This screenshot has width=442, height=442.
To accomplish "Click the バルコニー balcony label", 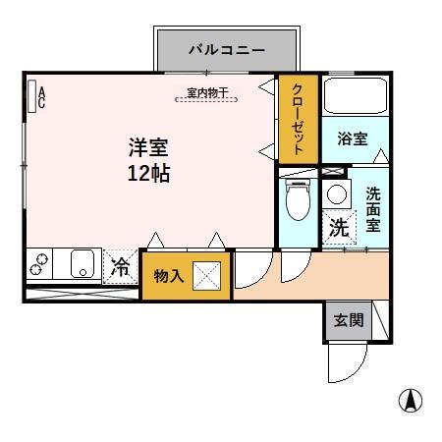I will click(x=227, y=49).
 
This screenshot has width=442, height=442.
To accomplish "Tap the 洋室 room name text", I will click(x=148, y=149).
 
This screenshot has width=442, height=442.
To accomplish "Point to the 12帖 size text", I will click(x=148, y=175).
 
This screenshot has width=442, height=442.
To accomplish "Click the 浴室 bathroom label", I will click(x=354, y=138).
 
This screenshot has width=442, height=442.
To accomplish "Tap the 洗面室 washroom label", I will click(x=374, y=207).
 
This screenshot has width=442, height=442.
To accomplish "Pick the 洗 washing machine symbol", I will click(x=338, y=228).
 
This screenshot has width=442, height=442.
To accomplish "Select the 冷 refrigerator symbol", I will click(x=121, y=266).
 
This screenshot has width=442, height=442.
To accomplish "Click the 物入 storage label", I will click(x=169, y=276).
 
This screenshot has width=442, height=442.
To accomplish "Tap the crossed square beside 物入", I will click(x=208, y=276).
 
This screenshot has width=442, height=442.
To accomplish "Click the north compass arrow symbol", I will click(x=411, y=402).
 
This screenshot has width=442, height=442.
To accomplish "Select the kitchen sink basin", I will click(x=82, y=264).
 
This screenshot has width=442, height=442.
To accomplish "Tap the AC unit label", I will click(x=39, y=94).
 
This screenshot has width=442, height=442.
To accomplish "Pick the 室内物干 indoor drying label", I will click(x=207, y=93).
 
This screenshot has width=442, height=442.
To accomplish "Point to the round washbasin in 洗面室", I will click(x=337, y=193).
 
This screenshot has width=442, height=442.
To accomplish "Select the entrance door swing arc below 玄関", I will click(x=350, y=365).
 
